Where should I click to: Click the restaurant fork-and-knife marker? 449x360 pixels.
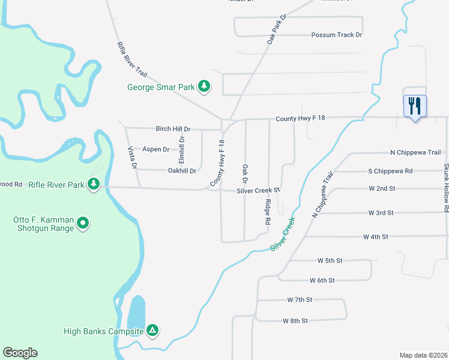[415, 106]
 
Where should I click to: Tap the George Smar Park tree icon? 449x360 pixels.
[204, 86]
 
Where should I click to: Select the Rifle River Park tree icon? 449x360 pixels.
[94, 184]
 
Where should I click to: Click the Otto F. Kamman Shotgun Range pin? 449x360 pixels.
[83, 224]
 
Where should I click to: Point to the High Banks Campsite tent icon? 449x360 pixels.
[153, 331]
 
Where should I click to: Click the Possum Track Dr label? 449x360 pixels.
[337, 35]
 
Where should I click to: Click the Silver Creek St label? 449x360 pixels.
[259, 191]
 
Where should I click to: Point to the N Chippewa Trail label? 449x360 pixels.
[415, 152]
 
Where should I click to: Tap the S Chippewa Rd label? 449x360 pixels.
[390, 171]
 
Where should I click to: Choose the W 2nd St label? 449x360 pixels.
[382, 188]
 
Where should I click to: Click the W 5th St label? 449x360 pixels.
[330, 260]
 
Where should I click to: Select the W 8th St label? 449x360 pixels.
[295, 321]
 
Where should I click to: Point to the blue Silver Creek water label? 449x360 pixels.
[285, 233]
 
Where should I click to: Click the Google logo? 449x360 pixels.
[20, 353]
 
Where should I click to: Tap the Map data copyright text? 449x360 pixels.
[423, 355]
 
